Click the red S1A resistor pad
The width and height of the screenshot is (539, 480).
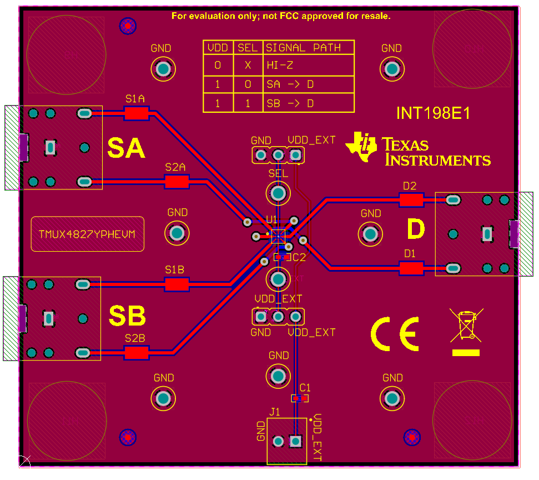[x=136, y=113]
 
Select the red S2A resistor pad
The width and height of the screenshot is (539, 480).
[x=177, y=181]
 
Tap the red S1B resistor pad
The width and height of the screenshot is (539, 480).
[x=177, y=284]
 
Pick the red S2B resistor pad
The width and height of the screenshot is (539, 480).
[x=137, y=352]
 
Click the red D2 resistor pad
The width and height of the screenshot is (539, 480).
[x=411, y=199]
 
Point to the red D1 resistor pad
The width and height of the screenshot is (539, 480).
[x=411, y=268]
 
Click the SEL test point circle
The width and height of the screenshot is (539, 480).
[x=278, y=193]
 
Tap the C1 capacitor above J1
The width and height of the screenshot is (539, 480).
[x=300, y=398]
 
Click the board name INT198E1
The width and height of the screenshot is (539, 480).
[x=433, y=113]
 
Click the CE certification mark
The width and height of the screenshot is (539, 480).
[x=395, y=334]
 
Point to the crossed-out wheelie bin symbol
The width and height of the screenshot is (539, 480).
[x=466, y=326]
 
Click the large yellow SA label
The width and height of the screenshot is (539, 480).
[x=126, y=148]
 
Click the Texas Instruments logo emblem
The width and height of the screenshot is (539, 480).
[x=361, y=147]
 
